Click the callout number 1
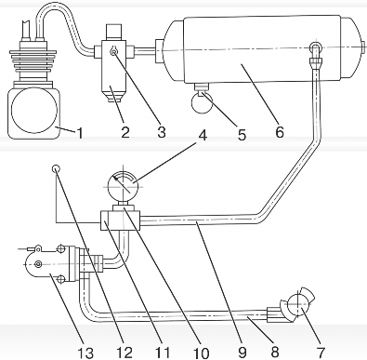click(x=80, y=133)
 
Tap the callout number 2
click(x=125, y=133)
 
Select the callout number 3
click(x=161, y=132)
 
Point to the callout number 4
click(x=202, y=135)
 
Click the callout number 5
click(x=242, y=135)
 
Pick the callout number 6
click(x=279, y=132)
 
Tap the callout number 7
click(x=321, y=353)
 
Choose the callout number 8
click(x=274, y=353)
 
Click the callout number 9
click(x=242, y=353)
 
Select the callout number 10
click(x=201, y=353)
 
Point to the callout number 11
click(x=163, y=353)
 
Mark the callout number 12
click(x=125, y=353)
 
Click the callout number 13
click(x=85, y=353)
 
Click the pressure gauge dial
click(x=123, y=187)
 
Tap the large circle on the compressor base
click(x=34, y=110)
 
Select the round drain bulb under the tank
click(x=202, y=103)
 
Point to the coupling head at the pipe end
click(x=298, y=305)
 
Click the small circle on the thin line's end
click(x=56, y=168)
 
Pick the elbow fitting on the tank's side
click(x=316, y=54)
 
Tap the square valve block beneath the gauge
click(x=121, y=220)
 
